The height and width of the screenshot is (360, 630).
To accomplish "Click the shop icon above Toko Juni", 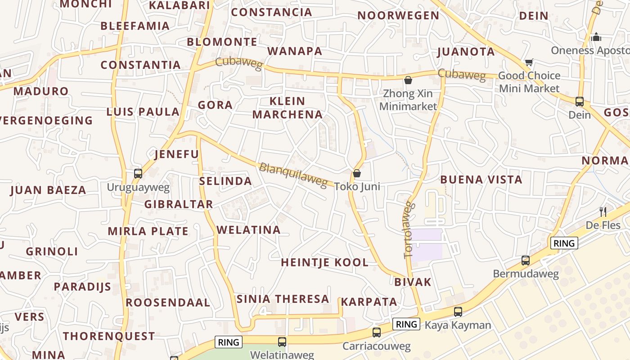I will click(357, 173).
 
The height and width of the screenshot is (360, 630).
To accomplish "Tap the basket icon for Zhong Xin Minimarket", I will click(408, 81).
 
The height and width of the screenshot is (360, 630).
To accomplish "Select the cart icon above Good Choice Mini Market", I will click(529, 62).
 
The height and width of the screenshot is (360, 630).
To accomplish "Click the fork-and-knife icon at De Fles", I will click(603, 211).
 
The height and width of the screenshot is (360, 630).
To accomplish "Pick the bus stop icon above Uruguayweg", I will click(138, 173).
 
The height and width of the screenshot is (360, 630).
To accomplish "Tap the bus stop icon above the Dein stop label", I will click(580, 101).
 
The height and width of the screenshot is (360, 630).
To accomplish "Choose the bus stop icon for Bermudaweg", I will click(525, 260).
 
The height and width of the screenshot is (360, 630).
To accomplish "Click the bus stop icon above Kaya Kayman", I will click(458, 311).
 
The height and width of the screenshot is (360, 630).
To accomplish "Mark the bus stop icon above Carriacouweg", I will click(377, 333).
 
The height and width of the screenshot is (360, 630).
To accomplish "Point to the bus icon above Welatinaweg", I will click(282, 342).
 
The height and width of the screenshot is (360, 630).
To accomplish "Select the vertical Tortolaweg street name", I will click(408, 230).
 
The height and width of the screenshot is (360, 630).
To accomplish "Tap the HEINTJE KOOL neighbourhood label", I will click(324, 262).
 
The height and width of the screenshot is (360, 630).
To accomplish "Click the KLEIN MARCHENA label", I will click(288, 108).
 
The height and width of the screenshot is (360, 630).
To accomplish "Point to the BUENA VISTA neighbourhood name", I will click(481, 180).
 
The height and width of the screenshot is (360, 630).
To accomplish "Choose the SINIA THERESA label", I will click(283, 299).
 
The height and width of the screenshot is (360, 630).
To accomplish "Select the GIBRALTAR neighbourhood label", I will click(179, 204).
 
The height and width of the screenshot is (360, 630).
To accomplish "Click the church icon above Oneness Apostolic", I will click(597, 37).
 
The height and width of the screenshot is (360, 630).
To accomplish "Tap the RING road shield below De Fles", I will click(564, 243).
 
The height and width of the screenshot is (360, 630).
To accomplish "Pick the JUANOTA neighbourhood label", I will click(466, 52).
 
